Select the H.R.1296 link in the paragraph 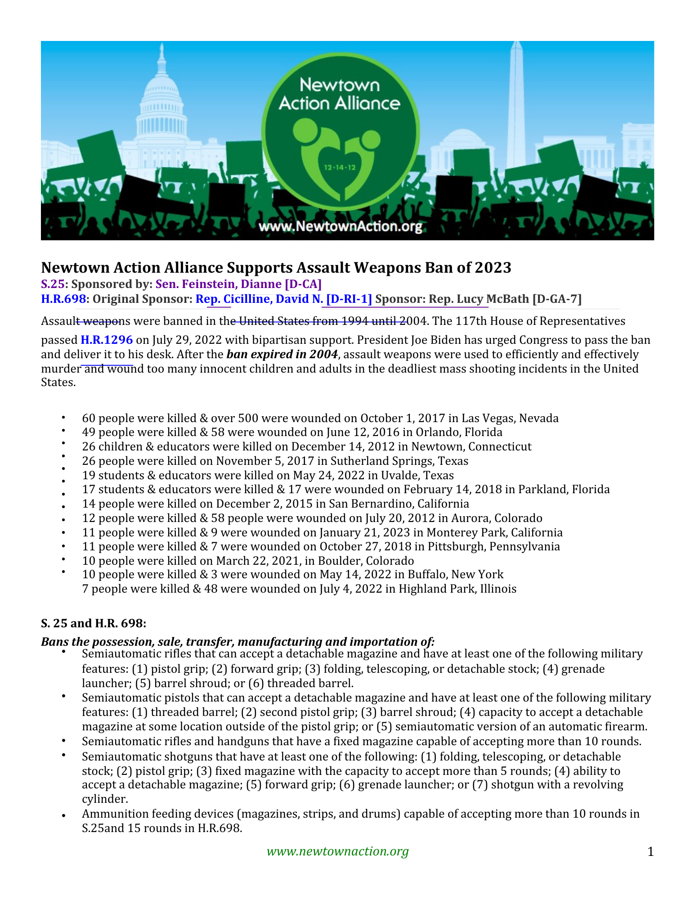coord(107,340)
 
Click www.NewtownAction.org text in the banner coord(340,226)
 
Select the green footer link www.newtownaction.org coord(337,851)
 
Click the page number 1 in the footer coord(650,851)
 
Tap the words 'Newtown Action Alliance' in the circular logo coord(340,94)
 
